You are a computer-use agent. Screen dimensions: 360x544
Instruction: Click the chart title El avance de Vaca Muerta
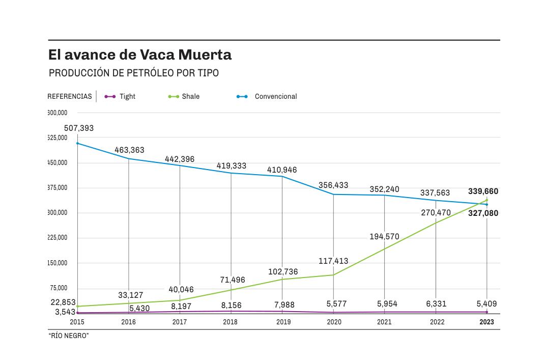coord(140,54)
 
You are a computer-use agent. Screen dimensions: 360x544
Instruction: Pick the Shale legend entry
coord(184,96)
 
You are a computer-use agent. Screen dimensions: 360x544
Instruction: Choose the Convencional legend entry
coord(267,96)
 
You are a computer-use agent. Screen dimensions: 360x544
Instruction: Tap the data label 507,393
coord(79,128)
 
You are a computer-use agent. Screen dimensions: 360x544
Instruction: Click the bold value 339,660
coord(483,191)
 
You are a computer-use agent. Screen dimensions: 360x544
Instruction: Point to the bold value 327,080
coord(483,213)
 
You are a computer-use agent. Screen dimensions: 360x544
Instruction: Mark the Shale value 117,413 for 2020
coord(333,261)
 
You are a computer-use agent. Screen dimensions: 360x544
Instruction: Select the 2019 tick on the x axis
coord(283,322)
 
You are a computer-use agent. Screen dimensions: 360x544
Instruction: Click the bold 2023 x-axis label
coord(486,322)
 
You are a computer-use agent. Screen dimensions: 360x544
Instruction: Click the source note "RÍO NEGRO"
coord(69,336)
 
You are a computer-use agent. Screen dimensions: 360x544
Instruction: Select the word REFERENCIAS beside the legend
coord(70,96)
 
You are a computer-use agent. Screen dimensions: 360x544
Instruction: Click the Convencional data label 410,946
coord(282,170)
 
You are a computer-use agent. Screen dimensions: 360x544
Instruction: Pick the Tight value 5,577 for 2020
coord(336,304)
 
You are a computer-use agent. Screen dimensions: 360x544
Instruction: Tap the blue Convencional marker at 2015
coord(77,143)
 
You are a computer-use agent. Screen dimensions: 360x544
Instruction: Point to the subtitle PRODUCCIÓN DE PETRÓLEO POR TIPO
coord(134,73)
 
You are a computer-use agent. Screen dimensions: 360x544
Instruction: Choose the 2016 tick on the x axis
coord(128,322)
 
